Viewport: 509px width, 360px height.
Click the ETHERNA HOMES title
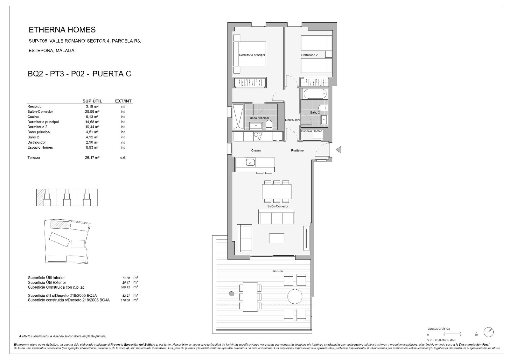tap(62, 30)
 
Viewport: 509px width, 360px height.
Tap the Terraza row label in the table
tap(34, 158)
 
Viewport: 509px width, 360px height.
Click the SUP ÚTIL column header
tap(92, 101)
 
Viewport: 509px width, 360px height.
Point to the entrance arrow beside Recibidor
tap(338, 149)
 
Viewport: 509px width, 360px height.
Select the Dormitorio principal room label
tap(252, 55)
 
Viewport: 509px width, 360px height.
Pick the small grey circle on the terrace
tap(232, 293)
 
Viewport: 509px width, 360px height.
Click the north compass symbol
tap(488, 332)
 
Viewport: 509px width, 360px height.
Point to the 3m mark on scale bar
tap(476, 335)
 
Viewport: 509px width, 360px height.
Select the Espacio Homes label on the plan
tap(311, 131)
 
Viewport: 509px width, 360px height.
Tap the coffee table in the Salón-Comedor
tap(276, 238)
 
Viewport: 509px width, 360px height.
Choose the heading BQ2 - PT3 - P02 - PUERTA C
tap(80, 74)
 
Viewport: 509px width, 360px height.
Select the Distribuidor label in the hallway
tap(292, 120)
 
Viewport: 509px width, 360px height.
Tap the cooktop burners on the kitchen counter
tap(258, 136)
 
